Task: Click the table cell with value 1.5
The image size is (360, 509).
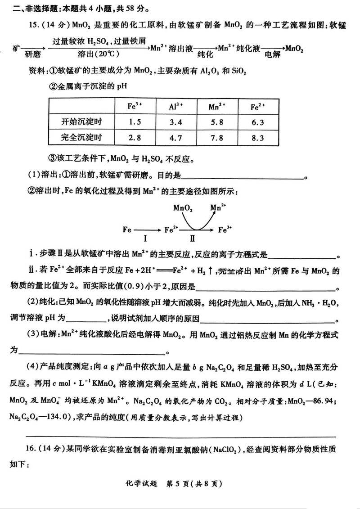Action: (135, 122)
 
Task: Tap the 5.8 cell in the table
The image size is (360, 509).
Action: (217, 122)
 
